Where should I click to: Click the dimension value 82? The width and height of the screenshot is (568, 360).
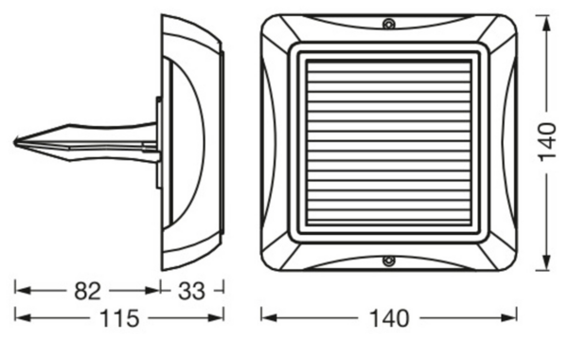(x=87, y=291)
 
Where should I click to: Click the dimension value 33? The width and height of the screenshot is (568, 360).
(x=191, y=291)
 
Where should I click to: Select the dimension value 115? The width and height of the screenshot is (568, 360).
(x=119, y=318)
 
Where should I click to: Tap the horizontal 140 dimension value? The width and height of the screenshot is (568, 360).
(x=389, y=318)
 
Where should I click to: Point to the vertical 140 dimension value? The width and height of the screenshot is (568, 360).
(x=547, y=142)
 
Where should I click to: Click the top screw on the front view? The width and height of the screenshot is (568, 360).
(x=389, y=24)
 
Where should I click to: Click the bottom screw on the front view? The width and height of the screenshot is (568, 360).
(x=389, y=261)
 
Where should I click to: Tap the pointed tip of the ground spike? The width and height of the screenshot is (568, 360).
(x=15, y=142)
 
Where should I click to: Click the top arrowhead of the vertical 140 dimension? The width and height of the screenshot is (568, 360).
(x=546, y=25)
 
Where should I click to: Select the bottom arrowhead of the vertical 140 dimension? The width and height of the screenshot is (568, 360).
(x=546, y=261)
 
